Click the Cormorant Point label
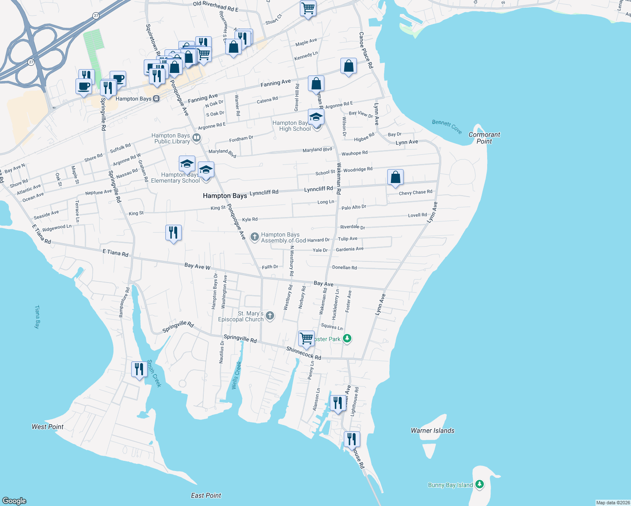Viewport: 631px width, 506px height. tap(484, 138)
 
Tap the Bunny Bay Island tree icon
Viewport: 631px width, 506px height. tap(480, 484)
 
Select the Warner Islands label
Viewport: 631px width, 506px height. tap(433, 431)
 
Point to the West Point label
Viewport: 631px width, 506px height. tap(48, 427)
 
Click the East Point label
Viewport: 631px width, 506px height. tap(206, 495)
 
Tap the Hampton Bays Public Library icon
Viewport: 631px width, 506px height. tap(196, 138)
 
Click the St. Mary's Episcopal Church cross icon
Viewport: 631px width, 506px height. tap(270, 316)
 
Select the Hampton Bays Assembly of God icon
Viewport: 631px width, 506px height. tap(254, 237)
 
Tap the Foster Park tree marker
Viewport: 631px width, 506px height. tap(347, 338)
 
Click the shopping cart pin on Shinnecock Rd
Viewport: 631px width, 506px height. tap(306, 339)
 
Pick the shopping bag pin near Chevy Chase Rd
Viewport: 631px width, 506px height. tap(395, 178)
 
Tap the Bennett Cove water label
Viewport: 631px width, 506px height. tap(447, 126)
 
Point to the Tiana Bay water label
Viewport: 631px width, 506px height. tap(37, 317)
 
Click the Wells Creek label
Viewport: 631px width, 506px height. tap(237, 375)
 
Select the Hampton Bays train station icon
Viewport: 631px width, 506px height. tap(156, 99)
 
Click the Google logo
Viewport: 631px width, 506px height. tap(14, 501)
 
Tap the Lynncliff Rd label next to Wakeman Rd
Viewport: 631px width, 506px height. tap(318, 189)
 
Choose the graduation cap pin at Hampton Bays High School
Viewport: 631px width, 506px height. tap(316, 117)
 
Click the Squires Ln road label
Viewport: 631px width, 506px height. tap(332, 326)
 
